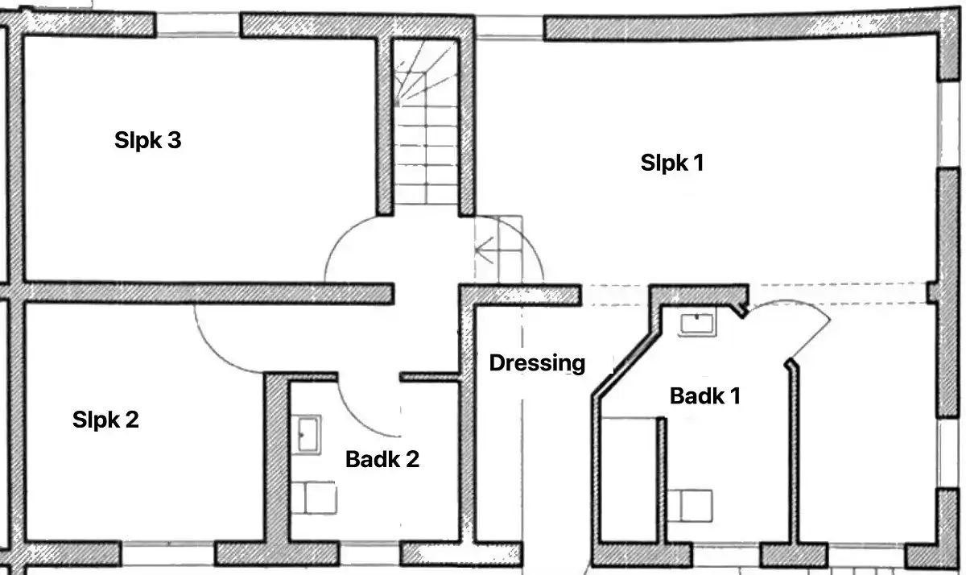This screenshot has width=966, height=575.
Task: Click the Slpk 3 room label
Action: pyautogui.click(x=148, y=140)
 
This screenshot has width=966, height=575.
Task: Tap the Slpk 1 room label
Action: pyautogui.click(x=672, y=163)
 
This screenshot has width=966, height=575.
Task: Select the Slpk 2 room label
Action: pyautogui.click(x=105, y=420)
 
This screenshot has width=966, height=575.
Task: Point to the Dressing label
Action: pyautogui.click(x=538, y=363)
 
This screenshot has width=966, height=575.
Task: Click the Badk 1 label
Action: pyautogui.click(x=705, y=396)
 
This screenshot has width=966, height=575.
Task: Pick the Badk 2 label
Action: pyautogui.click(x=382, y=459)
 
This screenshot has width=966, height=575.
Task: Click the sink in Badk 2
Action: pyautogui.click(x=306, y=434)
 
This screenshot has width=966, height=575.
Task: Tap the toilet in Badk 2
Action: pyautogui.click(x=314, y=498)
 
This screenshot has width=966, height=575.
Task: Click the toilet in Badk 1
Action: pyautogui.click(x=690, y=506)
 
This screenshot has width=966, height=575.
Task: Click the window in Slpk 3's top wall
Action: pyautogui.click(x=198, y=26)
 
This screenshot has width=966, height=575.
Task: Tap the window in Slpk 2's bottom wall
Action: pyautogui.click(x=167, y=553)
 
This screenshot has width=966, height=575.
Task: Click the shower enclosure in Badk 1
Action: pyautogui.click(x=630, y=480)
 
